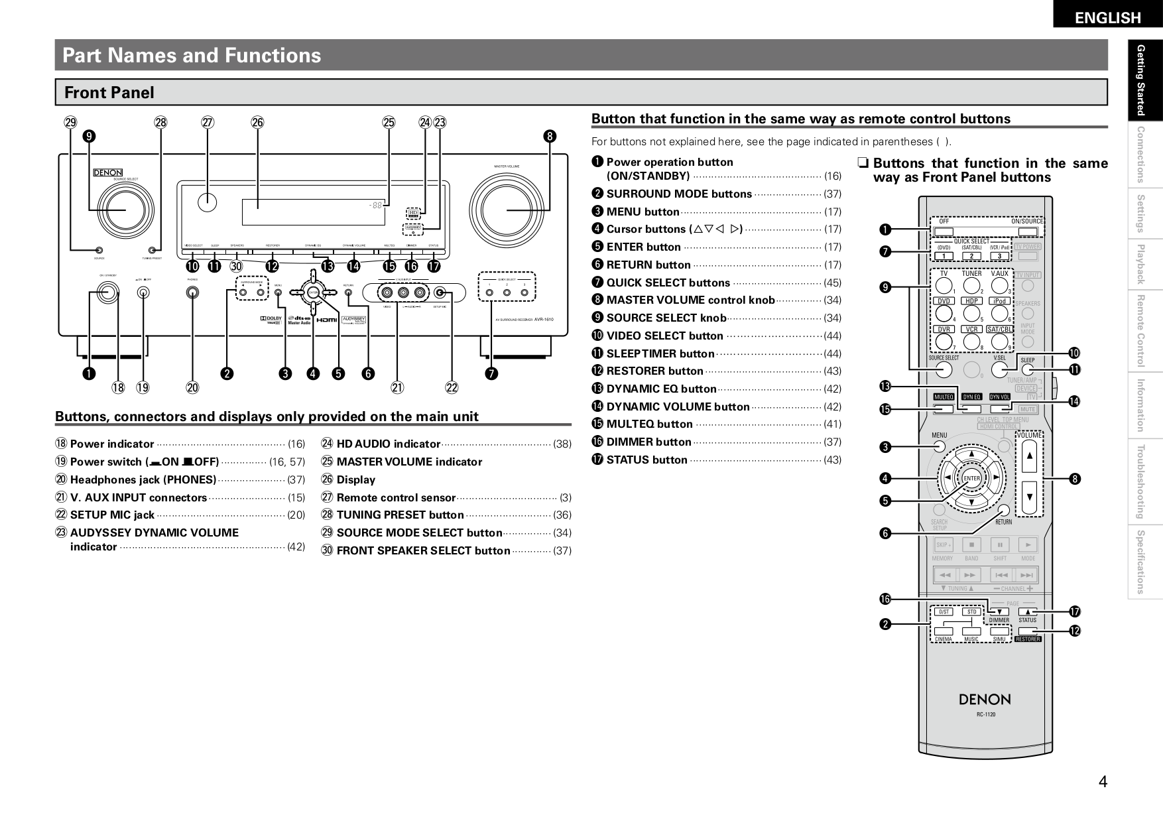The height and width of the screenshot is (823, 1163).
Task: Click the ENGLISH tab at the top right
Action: click(1107, 17)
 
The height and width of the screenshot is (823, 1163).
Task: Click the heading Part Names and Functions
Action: click(191, 55)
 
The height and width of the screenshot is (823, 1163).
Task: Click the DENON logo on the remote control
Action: click(985, 699)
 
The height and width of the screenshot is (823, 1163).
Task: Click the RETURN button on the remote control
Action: click(1004, 510)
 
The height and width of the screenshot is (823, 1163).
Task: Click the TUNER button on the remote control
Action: click(972, 285)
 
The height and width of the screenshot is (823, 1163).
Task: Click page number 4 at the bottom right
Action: click(1102, 782)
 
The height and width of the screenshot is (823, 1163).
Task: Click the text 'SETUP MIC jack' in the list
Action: click(112, 515)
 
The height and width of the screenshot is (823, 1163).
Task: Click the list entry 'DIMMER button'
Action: click(648, 442)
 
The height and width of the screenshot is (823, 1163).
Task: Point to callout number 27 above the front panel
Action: click(208, 122)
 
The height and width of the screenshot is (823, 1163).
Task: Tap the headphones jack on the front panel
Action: click(192, 292)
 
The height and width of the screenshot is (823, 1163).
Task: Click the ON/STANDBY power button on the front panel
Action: click(105, 292)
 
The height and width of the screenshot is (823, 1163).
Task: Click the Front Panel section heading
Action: click(109, 93)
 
